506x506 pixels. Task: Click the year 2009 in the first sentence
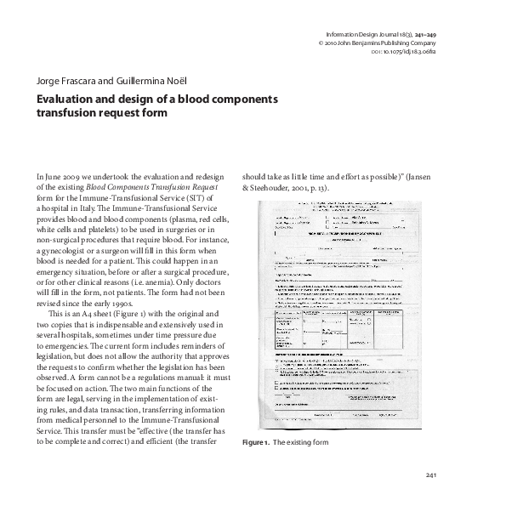tap(74, 175)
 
